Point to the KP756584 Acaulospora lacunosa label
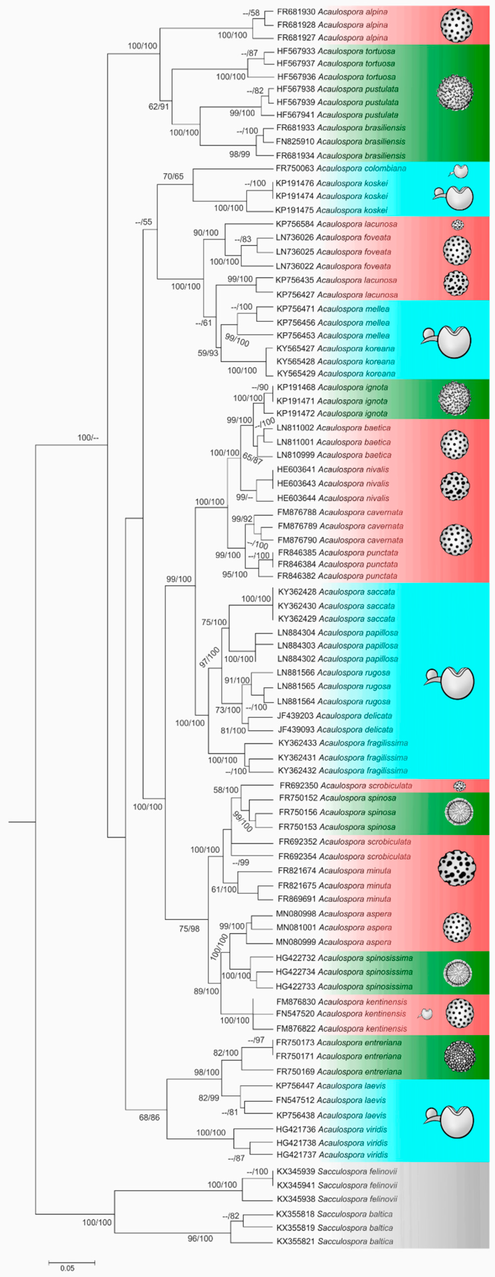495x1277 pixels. point(336,224)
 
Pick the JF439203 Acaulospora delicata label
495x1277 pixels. point(334,715)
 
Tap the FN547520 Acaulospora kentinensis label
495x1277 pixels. point(341,1014)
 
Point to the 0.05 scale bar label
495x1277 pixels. point(67,1269)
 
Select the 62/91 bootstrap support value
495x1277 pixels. point(159,106)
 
